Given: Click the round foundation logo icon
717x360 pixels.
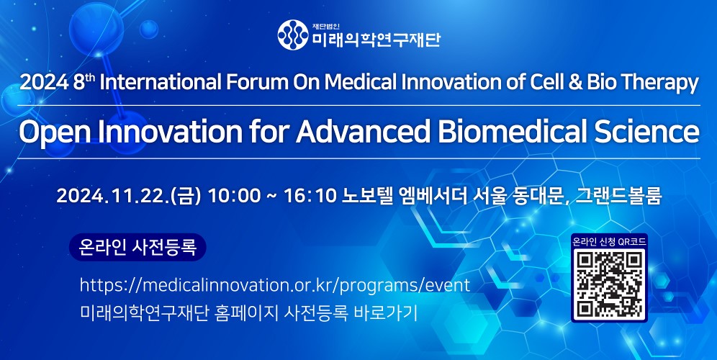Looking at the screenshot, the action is pyautogui.click(x=293, y=35).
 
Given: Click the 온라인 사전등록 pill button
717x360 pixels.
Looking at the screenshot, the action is pyautogui.click(x=137, y=247).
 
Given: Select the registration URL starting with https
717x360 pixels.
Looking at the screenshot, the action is pyautogui.click(x=275, y=285).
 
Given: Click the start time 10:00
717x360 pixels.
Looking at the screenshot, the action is pyautogui.click(x=230, y=197).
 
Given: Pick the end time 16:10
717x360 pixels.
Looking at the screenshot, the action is pyautogui.click(x=310, y=197).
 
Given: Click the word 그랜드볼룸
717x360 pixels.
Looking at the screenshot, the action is pyautogui.click(x=618, y=197).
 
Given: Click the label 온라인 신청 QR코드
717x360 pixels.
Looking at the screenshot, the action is pyautogui.click(x=609, y=241).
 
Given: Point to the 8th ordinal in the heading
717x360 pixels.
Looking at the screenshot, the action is pyautogui.click(x=82, y=82).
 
